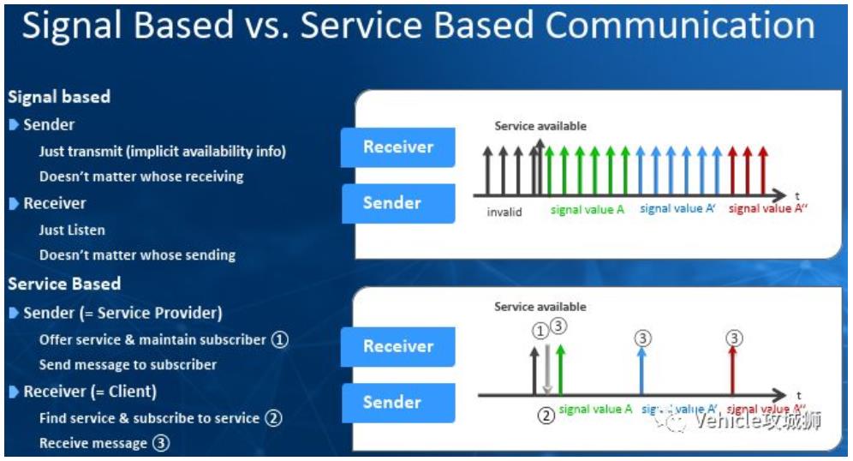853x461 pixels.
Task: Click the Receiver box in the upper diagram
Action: (x=398, y=147)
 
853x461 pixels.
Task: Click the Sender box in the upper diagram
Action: (x=398, y=203)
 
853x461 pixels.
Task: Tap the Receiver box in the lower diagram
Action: (x=398, y=346)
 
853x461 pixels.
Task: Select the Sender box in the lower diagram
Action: (x=398, y=402)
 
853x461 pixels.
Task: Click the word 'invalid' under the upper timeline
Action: (x=504, y=212)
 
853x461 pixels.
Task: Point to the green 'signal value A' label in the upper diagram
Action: (x=588, y=210)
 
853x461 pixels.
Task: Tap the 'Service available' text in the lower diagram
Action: (x=540, y=307)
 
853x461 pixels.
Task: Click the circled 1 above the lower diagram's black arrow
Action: (x=539, y=329)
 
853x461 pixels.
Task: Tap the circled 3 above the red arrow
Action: (x=733, y=338)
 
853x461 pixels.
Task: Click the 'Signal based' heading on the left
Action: (x=59, y=97)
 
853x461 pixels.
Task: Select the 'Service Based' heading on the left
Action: (x=64, y=284)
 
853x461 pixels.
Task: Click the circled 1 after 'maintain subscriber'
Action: (x=280, y=339)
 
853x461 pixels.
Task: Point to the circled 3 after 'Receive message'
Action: (x=161, y=443)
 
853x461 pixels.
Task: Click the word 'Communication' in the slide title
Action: (x=680, y=27)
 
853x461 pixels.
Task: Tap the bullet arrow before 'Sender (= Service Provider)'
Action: (x=15, y=313)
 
